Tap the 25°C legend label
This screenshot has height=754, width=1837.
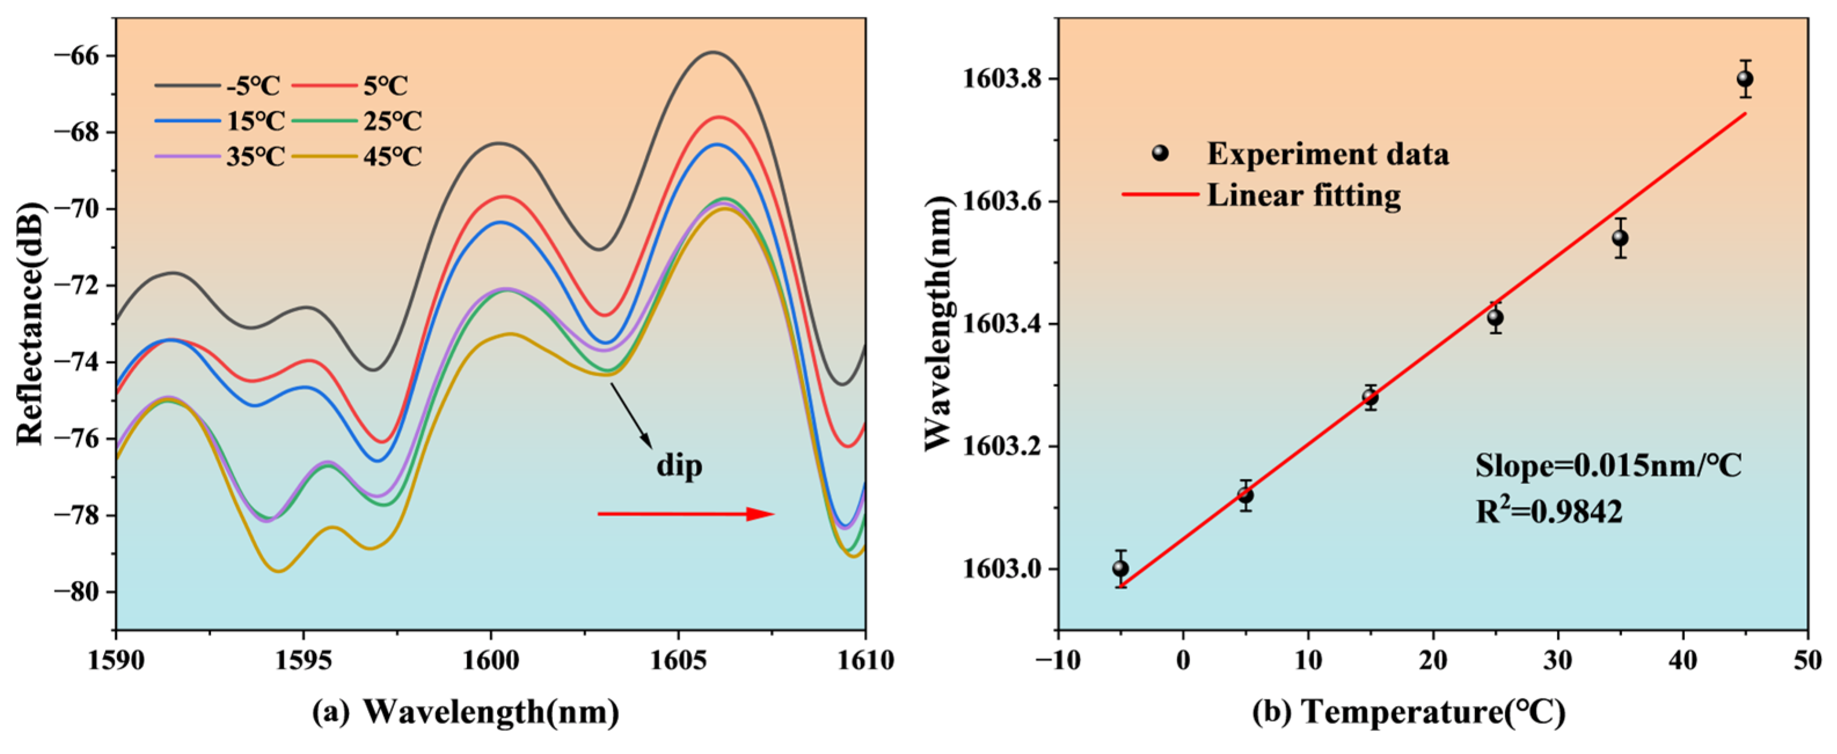coord(392,121)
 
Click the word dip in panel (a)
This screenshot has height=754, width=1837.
coord(679,466)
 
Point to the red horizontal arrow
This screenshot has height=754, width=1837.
coord(685,514)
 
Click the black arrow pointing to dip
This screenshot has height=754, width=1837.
coord(631,416)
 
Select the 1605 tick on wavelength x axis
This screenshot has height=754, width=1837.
coord(678,661)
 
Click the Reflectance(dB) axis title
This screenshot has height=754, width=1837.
coord(30,323)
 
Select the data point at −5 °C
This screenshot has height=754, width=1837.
coord(1121,569)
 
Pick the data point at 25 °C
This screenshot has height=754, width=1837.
coord(1495,317)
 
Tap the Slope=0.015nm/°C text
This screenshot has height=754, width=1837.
coord(1609,466)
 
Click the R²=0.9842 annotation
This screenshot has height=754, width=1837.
coord(1549,511)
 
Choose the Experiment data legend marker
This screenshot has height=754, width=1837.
coord(1160,153)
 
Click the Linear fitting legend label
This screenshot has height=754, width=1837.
coord(1304,195)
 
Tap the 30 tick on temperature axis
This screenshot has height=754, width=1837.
coord(1557,661)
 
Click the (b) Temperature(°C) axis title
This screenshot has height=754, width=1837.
coord(1409,711)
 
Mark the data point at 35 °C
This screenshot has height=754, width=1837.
coord(1620,237)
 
